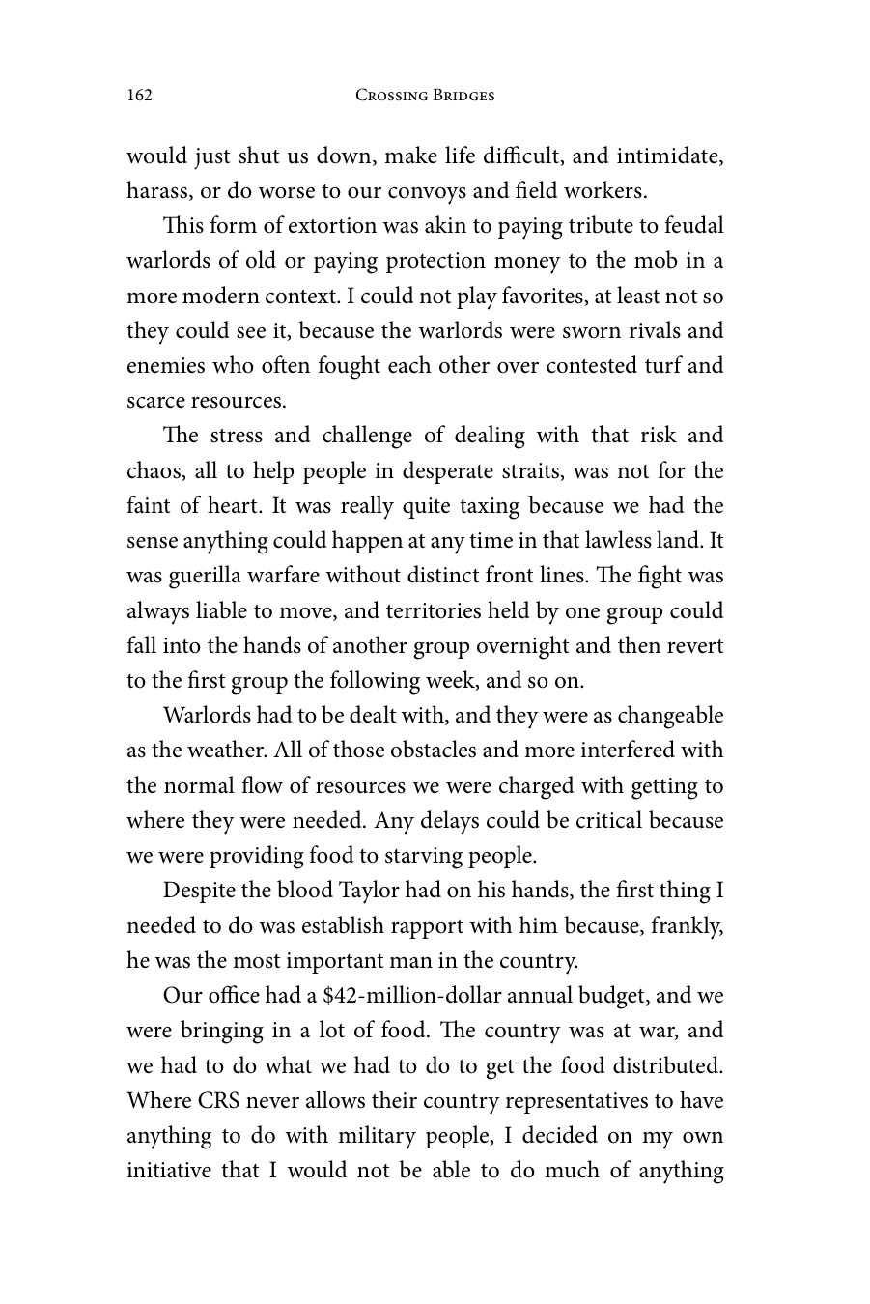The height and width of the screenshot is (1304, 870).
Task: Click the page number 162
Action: pos(140,95)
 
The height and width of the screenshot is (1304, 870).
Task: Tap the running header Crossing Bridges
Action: pos(425,95)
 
